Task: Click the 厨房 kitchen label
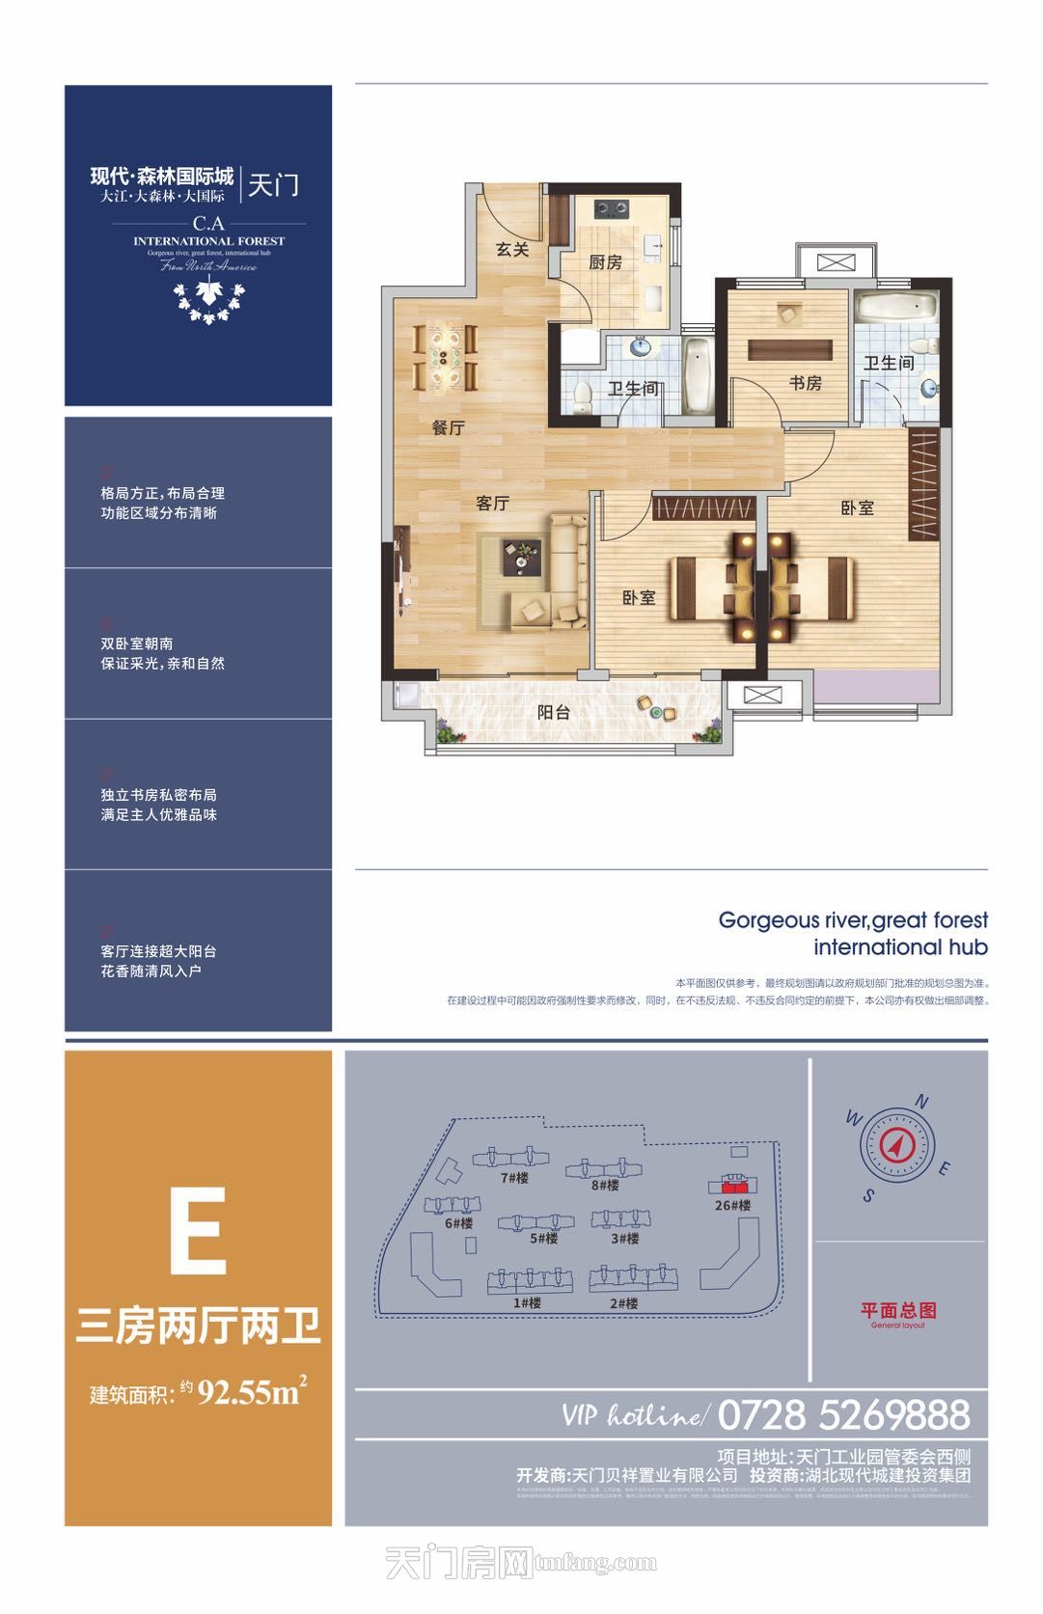[605, 261]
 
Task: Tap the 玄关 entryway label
[512, 249]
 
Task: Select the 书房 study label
[805, 383]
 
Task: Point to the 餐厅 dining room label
[448, 427]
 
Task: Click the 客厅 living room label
[492, 503]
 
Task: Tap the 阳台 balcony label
[553, 713]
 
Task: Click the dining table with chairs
[446, 356]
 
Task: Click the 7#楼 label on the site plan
[513, 1178]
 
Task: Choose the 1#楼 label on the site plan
[527, 1302]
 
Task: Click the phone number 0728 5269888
[844, 1414]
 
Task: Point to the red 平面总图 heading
[898, 1309]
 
